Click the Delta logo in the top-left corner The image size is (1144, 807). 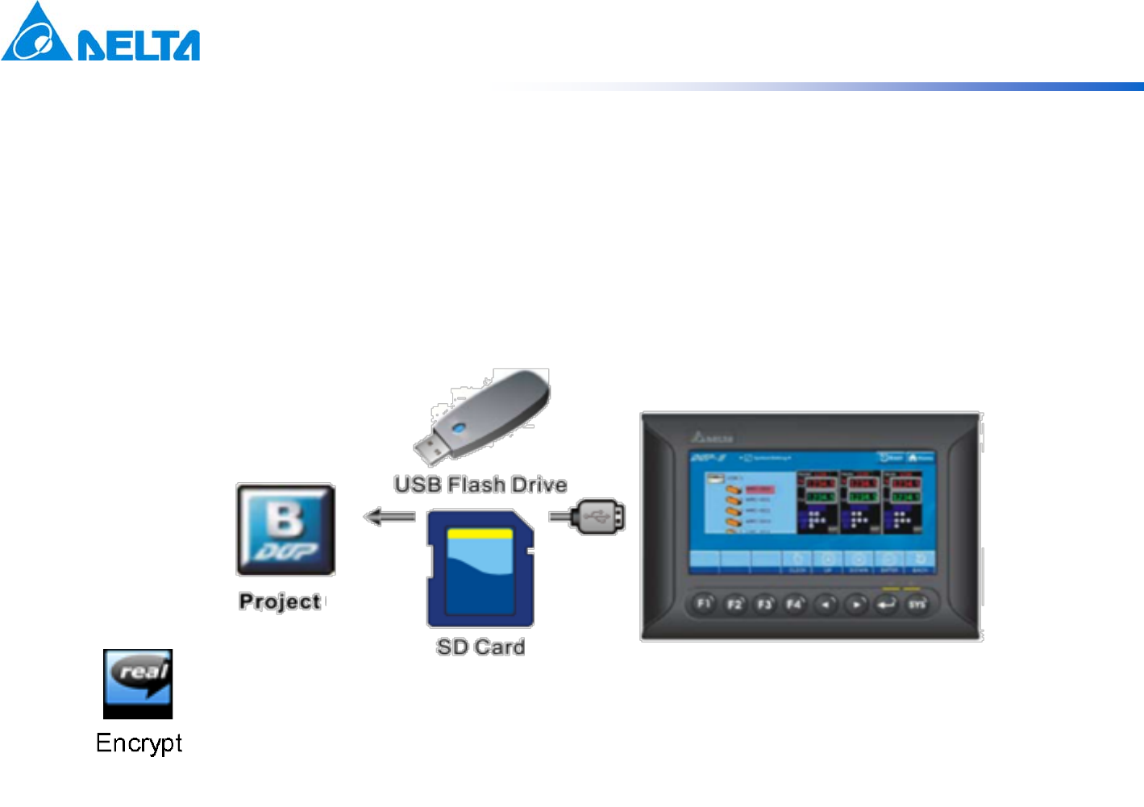100,32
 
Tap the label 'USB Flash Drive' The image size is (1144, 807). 480,485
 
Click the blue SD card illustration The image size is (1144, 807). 480,568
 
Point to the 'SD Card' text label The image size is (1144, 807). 480,647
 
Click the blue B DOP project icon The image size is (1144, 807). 285,530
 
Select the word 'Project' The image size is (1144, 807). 280,601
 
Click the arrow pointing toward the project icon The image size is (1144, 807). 389,517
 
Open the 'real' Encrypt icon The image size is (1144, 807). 138,684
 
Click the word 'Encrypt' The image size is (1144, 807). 139,743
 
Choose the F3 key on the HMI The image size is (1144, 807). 764,604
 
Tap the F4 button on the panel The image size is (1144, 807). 795,604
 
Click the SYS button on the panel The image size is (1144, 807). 917,604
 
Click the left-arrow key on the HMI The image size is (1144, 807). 826,604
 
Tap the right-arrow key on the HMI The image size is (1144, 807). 856,604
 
